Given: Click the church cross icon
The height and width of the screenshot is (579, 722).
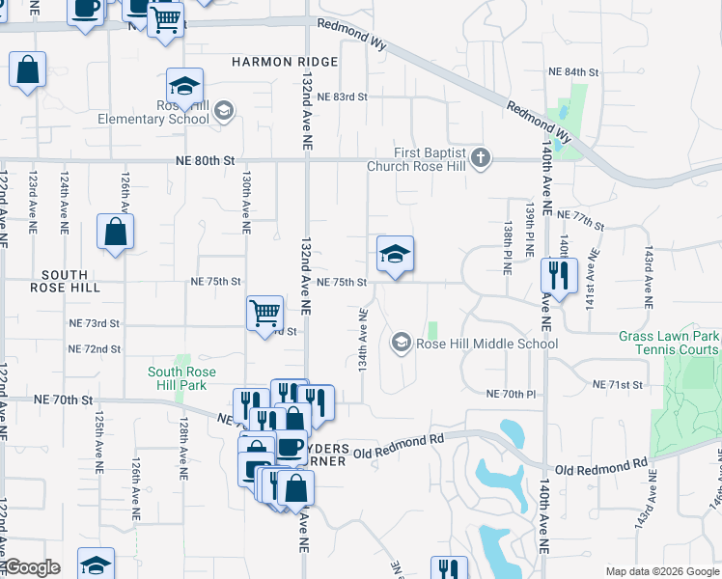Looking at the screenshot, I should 482,156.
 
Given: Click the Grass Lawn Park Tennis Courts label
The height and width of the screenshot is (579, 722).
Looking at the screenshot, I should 668,343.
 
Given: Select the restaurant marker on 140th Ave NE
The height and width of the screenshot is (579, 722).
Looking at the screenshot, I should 558,273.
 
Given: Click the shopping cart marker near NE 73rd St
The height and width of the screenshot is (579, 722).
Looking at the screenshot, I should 264,313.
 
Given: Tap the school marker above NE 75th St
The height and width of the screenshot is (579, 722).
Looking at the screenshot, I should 394,254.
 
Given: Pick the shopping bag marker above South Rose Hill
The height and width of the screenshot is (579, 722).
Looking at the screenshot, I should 115,232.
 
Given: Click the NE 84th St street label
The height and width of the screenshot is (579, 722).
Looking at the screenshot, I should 573,72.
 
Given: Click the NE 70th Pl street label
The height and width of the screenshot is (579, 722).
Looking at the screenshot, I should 511,395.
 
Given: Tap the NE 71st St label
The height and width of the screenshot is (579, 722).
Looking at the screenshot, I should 618,385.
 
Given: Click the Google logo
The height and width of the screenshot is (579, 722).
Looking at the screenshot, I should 31,567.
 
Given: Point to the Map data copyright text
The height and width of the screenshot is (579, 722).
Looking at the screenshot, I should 661,571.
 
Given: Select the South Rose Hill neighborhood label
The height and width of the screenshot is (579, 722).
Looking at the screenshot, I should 65,281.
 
